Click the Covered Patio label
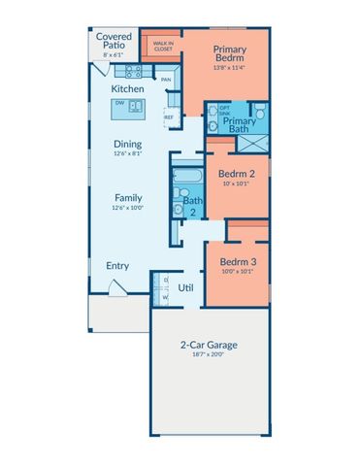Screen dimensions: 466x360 [x=114, y=40]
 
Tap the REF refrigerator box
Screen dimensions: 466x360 [x=168, y=116]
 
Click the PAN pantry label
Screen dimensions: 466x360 [x=166, y=80]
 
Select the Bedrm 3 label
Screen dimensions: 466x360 [x=237, y=262]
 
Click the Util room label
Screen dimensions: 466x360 [x=185, y=287]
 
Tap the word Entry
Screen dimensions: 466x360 [x=117, y=264]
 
